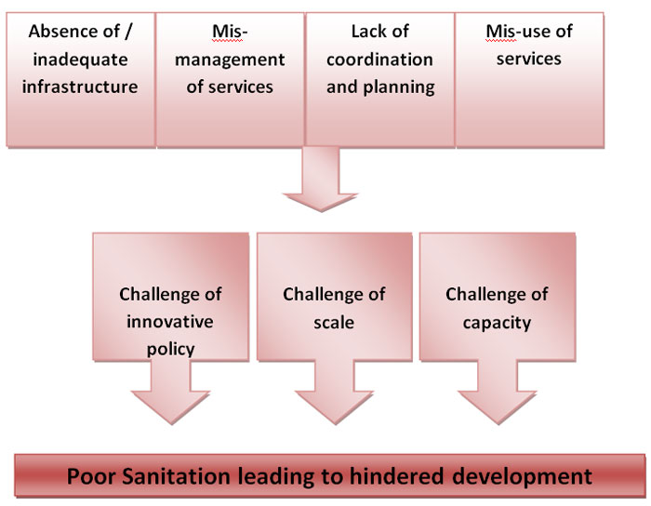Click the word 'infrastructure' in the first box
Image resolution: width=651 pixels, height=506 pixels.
coord(80,87)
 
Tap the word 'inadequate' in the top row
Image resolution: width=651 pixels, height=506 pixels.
coord(80,60)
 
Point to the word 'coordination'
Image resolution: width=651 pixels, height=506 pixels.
coord(379,60)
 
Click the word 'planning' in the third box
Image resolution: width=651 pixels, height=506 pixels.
coord(399,87)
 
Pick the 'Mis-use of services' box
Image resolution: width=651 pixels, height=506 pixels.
coord(529,80)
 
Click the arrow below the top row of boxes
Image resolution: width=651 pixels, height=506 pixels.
coord(321,179)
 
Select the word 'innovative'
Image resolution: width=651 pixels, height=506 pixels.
coord(170,322)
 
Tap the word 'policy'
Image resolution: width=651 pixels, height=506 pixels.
coord(170,350)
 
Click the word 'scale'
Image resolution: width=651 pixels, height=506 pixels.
coord(334,323)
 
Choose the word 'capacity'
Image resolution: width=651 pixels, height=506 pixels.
coord(497,324)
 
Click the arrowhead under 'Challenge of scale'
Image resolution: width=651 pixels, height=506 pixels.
coord(334,407)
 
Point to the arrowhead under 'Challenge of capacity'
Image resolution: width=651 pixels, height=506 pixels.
coord(497,407)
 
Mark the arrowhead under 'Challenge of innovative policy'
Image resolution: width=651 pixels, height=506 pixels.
coord(170,407)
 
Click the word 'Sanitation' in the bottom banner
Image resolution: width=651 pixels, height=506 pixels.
coord(176,476)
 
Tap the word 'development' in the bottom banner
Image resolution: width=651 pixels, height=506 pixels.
coord(522,477)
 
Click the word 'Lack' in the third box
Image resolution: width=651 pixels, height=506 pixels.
coord(365,32)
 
